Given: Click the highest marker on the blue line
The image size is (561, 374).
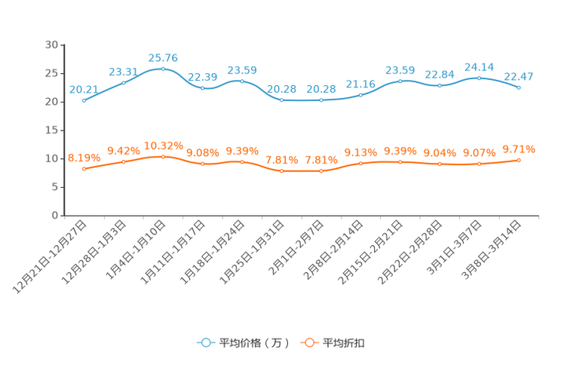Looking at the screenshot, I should (x=163, y=69).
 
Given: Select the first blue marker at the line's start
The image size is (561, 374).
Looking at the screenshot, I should (x=84, y=100).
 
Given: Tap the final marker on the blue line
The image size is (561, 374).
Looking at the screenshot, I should (x=519, y=87).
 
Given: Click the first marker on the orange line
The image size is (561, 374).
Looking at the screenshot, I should (x=84, y=168).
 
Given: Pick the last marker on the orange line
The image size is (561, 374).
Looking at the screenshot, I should (x=519, y=160).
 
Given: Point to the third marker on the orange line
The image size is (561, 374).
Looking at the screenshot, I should (x=163, y=156).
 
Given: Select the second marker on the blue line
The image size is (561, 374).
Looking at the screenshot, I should (x=123, y=81).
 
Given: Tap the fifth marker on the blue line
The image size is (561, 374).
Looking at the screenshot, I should (x=242, y=80).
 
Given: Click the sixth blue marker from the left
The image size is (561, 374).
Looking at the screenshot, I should (x=281, y=100).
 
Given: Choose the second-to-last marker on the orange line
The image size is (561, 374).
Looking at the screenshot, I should (x=479, y=164).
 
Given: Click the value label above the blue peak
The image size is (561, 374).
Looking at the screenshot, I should (x=163, y=57).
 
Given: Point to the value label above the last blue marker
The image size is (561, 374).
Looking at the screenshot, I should (x=519, y=75).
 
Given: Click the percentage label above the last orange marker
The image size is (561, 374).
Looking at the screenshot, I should (x=519, y=149).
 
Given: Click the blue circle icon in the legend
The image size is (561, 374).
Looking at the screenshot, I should (x=205, y=342).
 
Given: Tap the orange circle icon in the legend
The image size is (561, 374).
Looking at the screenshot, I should (x=309, y=342).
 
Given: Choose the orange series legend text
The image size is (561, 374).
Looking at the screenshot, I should (x=345, y=343).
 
